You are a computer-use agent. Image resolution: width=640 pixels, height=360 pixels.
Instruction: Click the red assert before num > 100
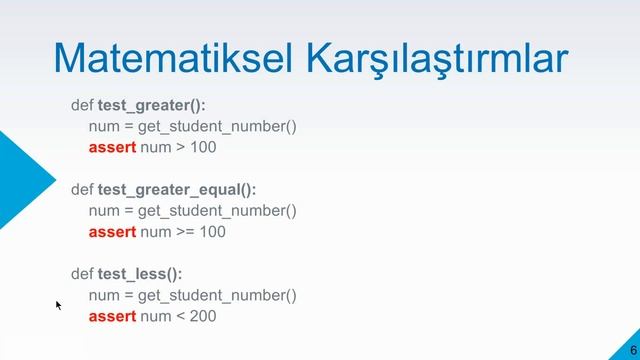click(112, 147)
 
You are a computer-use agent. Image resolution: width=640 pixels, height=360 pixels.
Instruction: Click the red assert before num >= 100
click(112, 232)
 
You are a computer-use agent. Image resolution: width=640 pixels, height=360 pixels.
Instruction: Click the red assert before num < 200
click(112, 316)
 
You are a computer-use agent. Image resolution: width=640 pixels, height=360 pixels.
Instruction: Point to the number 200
click(201, 316)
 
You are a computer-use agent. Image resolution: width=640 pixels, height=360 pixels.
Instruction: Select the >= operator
click(186, 232)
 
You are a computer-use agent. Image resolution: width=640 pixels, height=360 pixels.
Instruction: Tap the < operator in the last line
click(180, 316)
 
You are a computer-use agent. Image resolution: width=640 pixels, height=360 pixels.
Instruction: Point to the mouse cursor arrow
click(58, 304)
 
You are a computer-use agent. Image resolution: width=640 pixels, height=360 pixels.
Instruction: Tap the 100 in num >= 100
click(211, 232)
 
